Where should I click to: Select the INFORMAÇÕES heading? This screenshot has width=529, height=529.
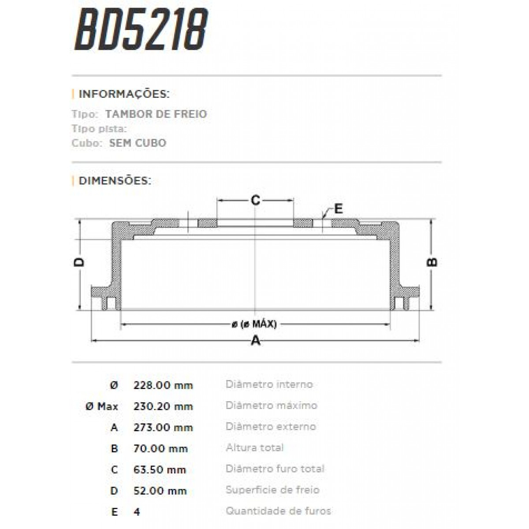(x=124, y=94)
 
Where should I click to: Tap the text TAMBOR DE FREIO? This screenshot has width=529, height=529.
(x=156, y=114)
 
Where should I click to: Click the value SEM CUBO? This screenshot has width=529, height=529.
(x=138, y=143)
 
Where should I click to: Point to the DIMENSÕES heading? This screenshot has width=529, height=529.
(x=115, y=181)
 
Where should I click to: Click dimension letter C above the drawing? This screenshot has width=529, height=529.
(x=255, y=201)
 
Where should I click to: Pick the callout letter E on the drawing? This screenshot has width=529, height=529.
(x=338, y=209)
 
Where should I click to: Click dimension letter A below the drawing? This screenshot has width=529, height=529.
(x=255, y=340)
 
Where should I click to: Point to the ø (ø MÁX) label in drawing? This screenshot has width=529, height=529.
(x=254, y=324)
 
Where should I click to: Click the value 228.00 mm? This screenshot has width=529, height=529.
(x=163, y=385)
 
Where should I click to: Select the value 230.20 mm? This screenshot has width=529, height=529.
(x=163, y=406)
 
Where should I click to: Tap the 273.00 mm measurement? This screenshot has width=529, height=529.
(x=163, y=427)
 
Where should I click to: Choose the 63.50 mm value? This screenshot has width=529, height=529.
(x=160, y=469)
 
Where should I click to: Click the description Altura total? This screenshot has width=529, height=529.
(x=254, y=448)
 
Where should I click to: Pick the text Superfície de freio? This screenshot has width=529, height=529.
(x=272, y=490)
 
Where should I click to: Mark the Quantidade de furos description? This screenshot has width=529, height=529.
(x=278, y=511)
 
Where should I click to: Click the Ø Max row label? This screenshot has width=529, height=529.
(x=102, y=406)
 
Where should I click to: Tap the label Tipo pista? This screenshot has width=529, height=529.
(x=99, y=129)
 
